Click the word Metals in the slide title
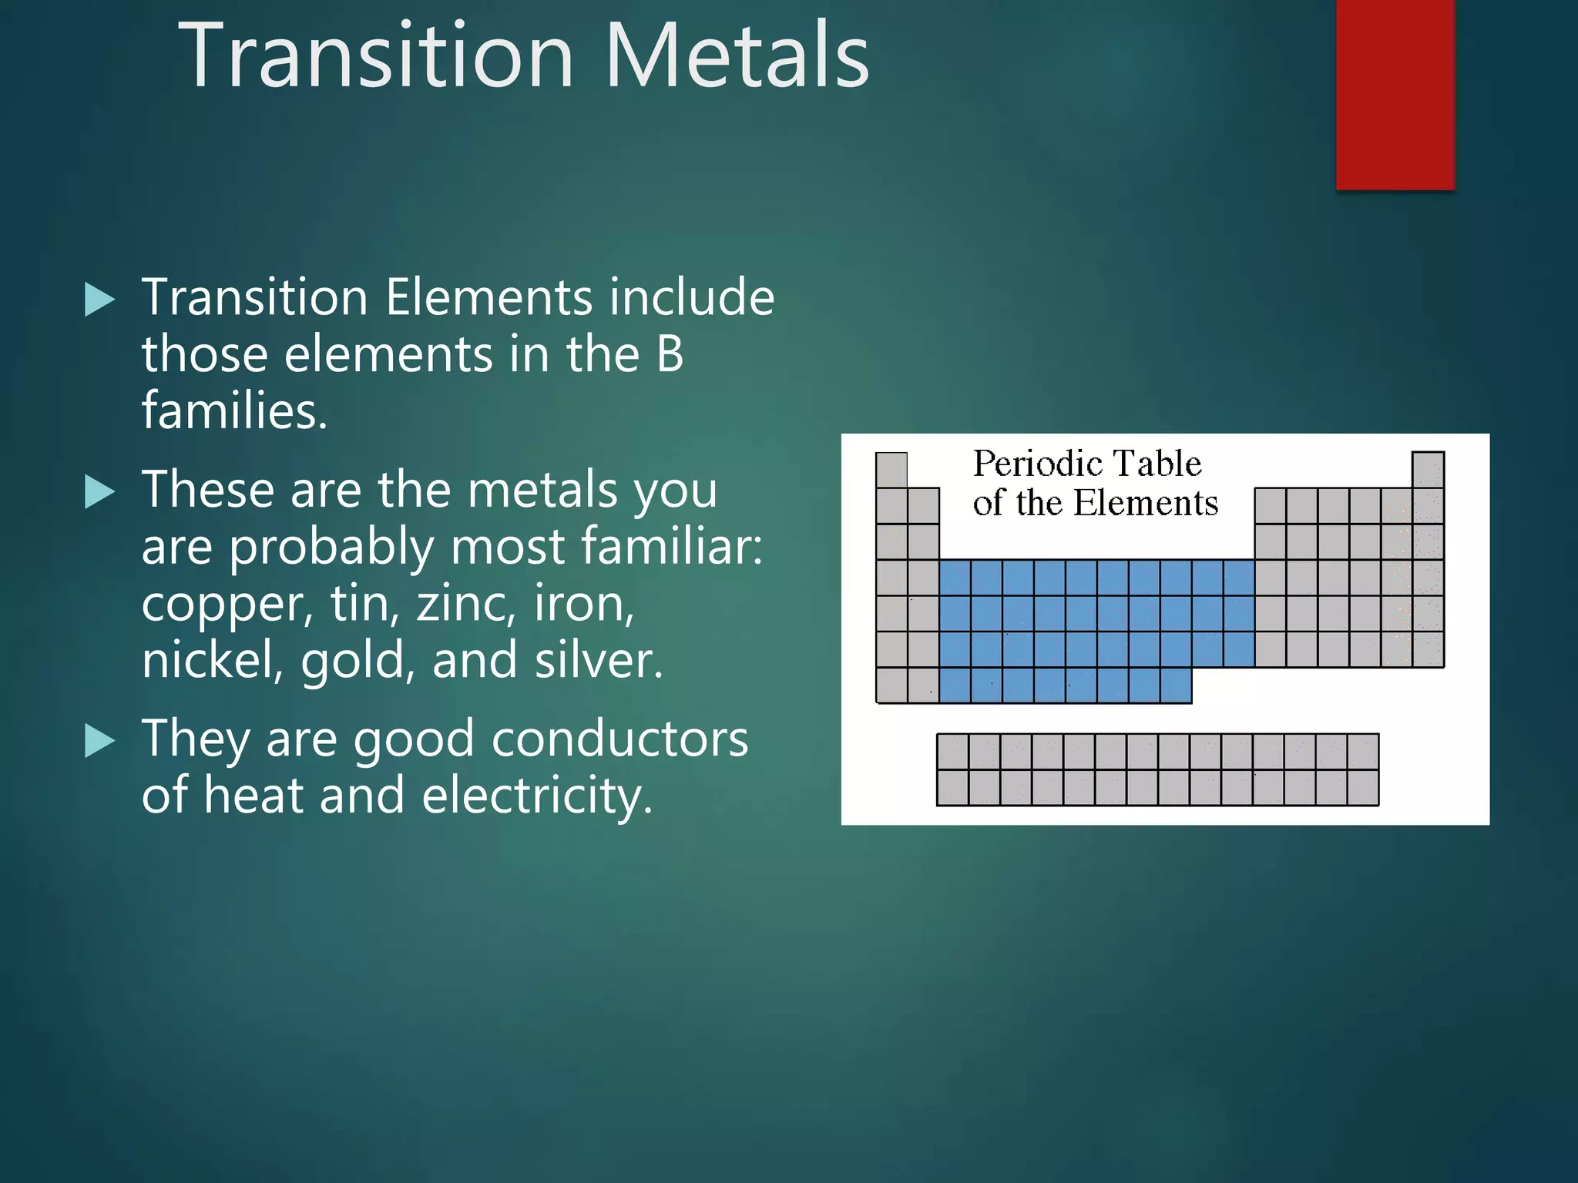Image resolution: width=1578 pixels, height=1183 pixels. tap(737, 55)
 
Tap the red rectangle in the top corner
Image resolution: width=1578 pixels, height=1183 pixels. tap(1395, 94)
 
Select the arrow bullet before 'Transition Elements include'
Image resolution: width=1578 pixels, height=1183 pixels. tap(99, 299)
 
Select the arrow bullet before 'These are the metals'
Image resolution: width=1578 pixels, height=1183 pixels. tap(99, 491)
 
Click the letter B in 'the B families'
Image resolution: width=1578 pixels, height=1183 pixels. tap(670, 354)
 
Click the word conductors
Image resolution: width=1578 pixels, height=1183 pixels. tap(619, 739)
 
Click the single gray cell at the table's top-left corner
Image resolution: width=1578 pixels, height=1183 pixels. tap(891, 469)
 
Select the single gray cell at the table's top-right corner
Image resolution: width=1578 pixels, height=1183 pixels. tap(1428, 469)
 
